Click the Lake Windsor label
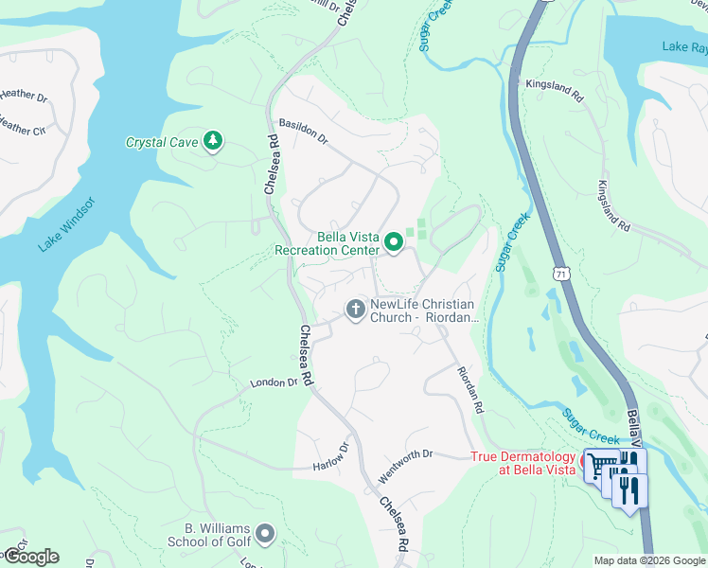pyautogui.click(x=67, y=224)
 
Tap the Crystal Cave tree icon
pyautogui.click(x=214, y=142)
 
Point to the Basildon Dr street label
pyautogui.click(x=303, y=132)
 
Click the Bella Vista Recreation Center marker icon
pyautogui.click(x=393, y=244)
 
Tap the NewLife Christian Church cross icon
pyautogui.click(x=355, y=310)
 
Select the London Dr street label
pyautogui.click(x=274, y=382)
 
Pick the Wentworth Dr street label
pyautogui.click(x=407, y=454)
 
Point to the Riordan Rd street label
pyautogui.click(x=470, y=390)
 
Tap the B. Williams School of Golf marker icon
pyautogui.click(x=265, y=535)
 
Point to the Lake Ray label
pyautogui.click(x=684, y=46)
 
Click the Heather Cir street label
pyautogui.click(x=21, y=127)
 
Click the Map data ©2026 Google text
pyautogui.click(x=649, y=560)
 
